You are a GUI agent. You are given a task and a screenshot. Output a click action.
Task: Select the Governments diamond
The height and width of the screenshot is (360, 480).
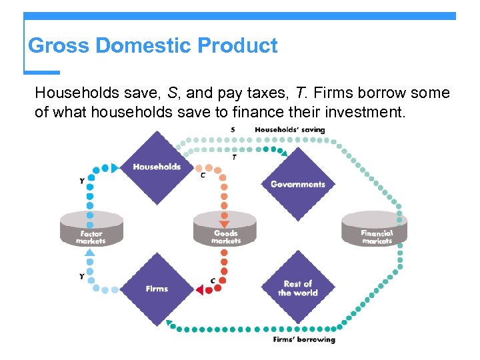pyautogui.click(x=297, y=184)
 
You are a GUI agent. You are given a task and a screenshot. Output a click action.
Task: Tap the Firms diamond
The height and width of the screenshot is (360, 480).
pyautogui.click(x=157, y=289)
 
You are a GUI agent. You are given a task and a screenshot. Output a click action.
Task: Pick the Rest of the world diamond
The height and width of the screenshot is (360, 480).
pyautogui.click(x=297, y=288)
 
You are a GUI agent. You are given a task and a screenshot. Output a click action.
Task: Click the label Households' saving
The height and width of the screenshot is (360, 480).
pyautogui.click(x=290, y=129)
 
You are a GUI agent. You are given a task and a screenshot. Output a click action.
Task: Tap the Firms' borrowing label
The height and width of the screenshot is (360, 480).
pyautogui.click(x=304, y=340)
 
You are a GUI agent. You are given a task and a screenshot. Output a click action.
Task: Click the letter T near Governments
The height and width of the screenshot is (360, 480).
pyautogui.click(x=234, y=157)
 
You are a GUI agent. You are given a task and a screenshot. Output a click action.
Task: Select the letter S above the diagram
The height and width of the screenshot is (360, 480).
pyautogui.click(x=232, y=129)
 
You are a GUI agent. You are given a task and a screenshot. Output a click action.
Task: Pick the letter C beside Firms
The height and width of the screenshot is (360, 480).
pyautogui.click(x=213, y=281)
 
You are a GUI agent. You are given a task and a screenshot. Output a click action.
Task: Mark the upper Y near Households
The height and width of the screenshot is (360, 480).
pyautogui.click(x=82, y=181)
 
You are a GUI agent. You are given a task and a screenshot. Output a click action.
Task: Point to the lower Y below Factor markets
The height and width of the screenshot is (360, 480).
pyautogui.click(x=82, y=276)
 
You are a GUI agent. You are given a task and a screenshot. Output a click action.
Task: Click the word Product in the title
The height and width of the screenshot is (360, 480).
pyautogui.click(x=238, y=45)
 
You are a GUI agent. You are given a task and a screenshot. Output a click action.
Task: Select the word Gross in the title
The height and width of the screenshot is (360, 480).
pyautogui.click(x=59, y=45)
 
